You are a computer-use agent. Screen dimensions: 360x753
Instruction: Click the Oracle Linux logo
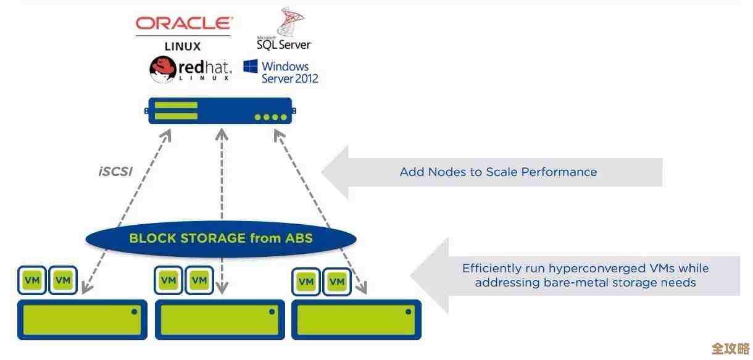point(183,32)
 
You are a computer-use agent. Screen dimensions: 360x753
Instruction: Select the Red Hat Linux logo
point(191,70)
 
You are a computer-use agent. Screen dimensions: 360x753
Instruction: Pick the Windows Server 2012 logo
point(281,72)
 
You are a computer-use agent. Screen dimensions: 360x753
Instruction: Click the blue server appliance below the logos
point(220,111)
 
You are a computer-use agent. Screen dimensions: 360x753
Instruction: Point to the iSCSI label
point(115,172)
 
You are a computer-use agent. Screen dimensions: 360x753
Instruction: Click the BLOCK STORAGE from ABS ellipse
point(220,238)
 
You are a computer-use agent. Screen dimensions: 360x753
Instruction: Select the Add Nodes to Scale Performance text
point(498,172)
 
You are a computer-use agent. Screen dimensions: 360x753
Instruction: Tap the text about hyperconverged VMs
point(585,275)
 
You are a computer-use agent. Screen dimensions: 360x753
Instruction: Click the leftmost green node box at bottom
point(82,320)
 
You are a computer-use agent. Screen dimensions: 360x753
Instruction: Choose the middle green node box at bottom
point(220,320)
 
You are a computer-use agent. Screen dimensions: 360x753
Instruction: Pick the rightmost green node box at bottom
point(356,320)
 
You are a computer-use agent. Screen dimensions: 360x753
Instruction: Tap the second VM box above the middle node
point(199,281)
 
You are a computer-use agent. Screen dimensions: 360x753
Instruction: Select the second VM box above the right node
point(336,282)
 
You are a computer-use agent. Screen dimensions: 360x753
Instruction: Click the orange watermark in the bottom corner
point(730,348)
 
